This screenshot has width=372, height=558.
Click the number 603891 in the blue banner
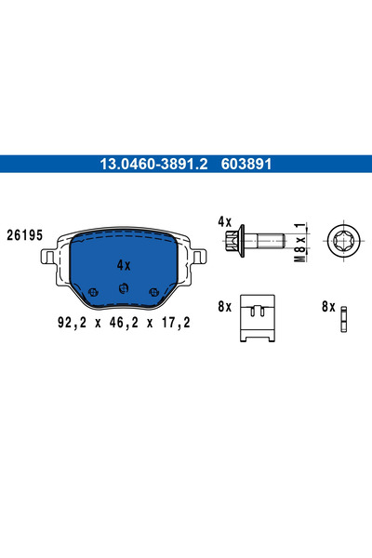(x=246, y=163)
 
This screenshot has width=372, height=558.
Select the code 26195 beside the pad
(x=25, y=235)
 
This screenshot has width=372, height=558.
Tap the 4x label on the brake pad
(x=124, y=265)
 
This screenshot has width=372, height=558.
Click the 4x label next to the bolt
(x=223, y=222)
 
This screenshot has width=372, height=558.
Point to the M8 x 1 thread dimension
(x=299, y=242)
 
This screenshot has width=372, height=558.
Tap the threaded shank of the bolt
(x=270, y=242)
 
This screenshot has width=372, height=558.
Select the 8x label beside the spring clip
(x=223, y=305)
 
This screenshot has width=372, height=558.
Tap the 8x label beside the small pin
(x=326, y=305)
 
